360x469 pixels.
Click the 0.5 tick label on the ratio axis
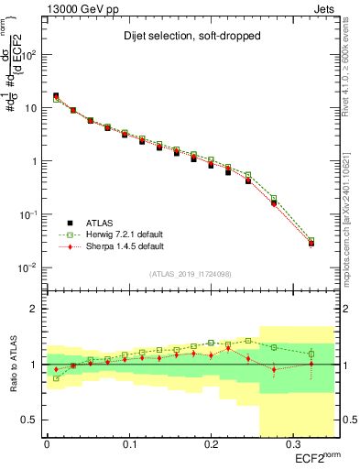click(33, 420)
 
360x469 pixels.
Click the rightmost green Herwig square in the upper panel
click(311, 241)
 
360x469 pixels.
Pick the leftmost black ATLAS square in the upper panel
click(56, 95)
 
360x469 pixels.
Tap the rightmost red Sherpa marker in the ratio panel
click(311, 365)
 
